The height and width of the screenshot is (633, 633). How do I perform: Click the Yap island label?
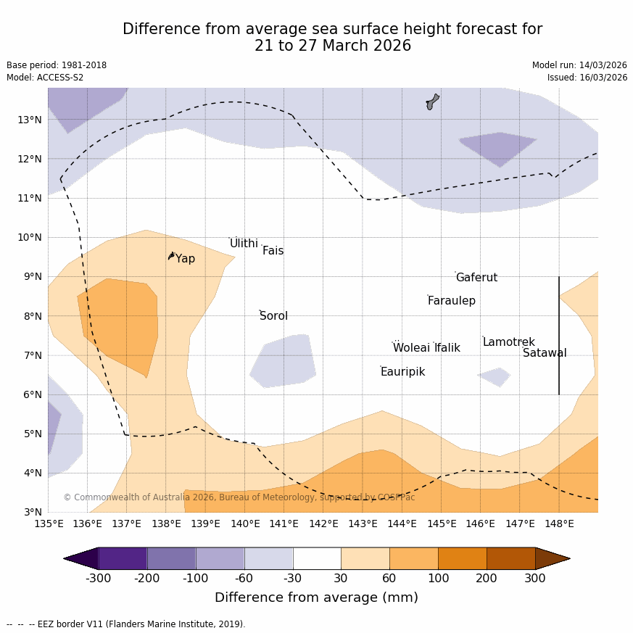185,259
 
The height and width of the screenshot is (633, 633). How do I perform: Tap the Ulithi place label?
244,244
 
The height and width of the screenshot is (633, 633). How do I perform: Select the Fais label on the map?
273,251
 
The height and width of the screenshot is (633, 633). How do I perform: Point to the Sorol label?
273,316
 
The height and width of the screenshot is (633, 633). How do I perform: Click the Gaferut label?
476,278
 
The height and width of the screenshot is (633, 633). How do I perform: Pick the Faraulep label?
451,301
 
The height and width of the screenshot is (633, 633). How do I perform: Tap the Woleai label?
411,348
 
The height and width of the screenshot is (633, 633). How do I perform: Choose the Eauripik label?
402,372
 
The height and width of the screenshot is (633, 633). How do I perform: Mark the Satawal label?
545,353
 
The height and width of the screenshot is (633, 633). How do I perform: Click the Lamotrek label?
508,342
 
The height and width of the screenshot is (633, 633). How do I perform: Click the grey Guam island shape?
432,102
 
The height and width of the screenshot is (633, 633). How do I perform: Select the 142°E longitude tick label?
323,524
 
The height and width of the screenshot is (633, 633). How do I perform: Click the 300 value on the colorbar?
535,578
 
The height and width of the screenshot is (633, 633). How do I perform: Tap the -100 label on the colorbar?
196,578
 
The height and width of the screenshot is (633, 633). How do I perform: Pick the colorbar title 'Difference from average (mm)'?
316,597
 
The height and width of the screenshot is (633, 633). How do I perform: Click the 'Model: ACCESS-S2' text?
45,78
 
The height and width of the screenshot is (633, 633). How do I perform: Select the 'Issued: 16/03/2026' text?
587,78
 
